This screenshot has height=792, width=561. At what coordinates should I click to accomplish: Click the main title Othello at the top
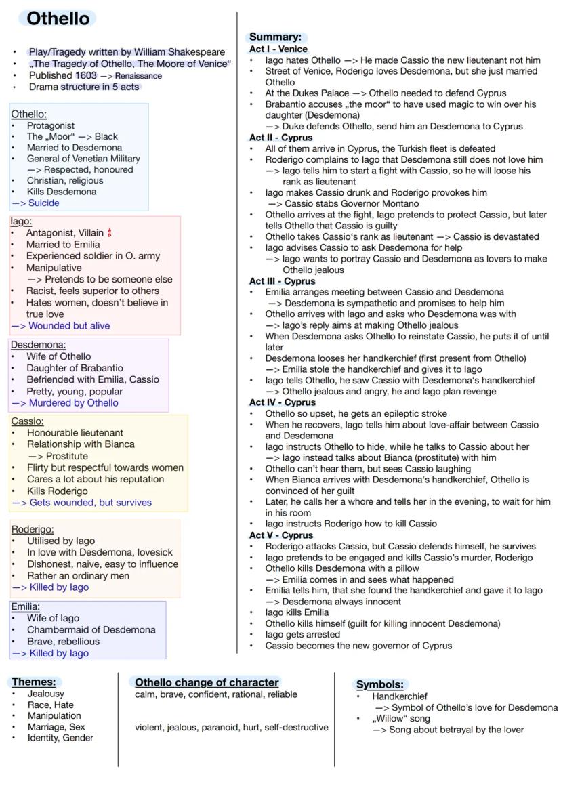(x=58, y=18)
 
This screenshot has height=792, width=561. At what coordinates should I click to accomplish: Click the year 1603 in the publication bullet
(x=86, y=75)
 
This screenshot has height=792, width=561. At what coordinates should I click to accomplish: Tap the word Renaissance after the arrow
(x=138, y=76)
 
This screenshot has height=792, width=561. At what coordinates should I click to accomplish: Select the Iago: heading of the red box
(x=22, y=221)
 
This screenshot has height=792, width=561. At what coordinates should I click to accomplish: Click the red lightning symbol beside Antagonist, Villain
(x=109, y=232)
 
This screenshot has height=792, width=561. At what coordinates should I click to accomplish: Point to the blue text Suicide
(x=43, y=203)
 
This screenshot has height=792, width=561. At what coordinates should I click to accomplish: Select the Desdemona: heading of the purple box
(x=38, y=344)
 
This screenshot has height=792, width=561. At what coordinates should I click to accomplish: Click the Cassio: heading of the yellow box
(x=27, y=421)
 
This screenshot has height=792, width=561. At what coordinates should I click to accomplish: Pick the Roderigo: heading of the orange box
(x=33, y=529)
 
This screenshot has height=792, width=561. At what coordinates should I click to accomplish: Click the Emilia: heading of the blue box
(x=26, y=606)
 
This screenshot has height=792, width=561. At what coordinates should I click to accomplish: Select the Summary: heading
(x=275, y=37)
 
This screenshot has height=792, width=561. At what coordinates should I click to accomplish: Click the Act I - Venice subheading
(x=278, y=49)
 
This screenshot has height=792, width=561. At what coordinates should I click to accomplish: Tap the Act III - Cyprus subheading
(x=282, y=280)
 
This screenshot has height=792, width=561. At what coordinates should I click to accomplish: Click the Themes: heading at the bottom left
(x=34, y=682)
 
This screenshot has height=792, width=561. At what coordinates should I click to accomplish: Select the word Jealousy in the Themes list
(x=46, y=694)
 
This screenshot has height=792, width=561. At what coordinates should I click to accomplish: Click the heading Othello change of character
(x=207, y=682)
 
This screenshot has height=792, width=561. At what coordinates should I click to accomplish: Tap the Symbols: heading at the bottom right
(x=379, y=684)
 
